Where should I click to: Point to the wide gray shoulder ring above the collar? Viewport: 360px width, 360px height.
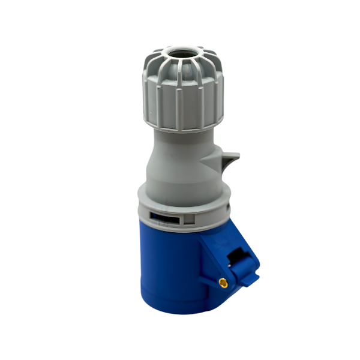click(x=180, y=195)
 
